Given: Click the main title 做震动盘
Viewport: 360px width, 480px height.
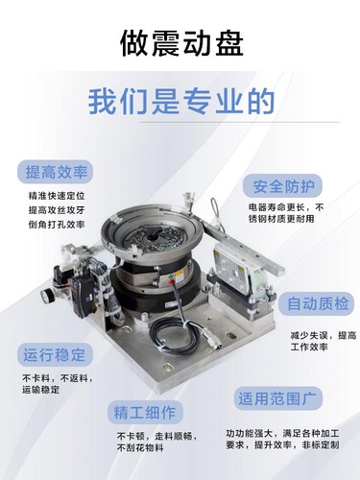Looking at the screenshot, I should coord(180,43).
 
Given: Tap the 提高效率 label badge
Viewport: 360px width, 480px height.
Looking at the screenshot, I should coord(58,173).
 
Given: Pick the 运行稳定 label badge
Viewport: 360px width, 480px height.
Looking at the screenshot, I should coord(54,354).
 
